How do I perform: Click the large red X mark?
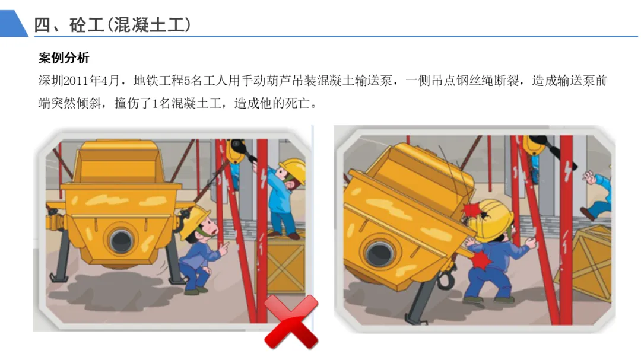[291, 322]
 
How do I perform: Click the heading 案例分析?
[64, 58]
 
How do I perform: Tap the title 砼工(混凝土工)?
[130, 25]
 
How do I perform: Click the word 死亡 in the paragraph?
[297, 103]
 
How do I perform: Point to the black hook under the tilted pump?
[445, 279]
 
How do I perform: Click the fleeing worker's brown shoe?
[586, 214]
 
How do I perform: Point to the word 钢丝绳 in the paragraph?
[475, 81]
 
